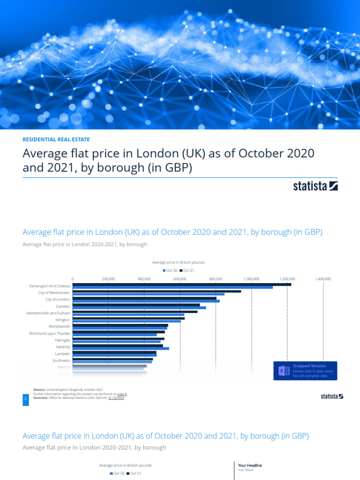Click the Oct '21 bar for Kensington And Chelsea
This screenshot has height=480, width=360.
182,284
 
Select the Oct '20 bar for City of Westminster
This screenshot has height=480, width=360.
149,294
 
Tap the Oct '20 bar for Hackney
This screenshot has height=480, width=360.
121,348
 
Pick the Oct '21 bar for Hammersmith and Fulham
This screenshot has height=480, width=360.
135,311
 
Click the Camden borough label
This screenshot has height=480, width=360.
63,306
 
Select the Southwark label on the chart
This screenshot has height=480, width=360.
61,360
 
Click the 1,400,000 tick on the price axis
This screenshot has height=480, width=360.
323,279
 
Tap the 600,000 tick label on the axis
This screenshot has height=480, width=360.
180,279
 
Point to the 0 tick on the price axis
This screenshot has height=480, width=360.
73,279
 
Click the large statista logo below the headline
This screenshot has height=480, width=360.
315,186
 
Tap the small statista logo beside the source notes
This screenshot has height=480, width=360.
331,396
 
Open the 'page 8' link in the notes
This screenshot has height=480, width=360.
122,394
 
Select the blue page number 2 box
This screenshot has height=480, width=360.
26,398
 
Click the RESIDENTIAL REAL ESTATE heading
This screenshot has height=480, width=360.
56,139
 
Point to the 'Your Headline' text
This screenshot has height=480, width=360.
250,465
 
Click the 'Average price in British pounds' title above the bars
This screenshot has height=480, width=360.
178,262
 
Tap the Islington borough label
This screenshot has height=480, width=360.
62,320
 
